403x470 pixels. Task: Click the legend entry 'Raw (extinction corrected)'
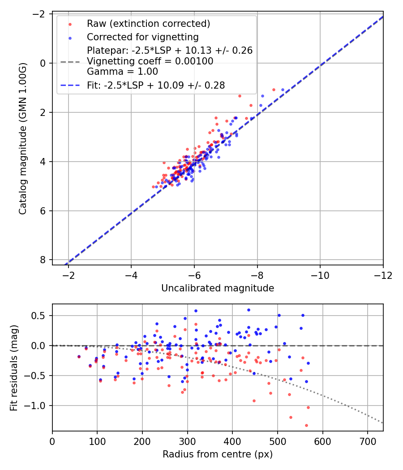[148, 24]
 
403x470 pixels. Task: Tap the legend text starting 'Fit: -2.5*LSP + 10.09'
[155, 85]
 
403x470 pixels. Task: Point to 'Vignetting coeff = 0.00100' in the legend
[150, 61]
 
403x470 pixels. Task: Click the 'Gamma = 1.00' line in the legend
[122, 72]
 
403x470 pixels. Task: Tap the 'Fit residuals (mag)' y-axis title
[14, 367]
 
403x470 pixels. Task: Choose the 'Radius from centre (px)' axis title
[217, 454]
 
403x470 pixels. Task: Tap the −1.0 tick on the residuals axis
[39, 406]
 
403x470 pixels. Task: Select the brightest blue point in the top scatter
[283, 90]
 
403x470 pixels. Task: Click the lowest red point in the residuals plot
[306, 425]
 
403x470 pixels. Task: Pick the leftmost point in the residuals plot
[79, 357]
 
